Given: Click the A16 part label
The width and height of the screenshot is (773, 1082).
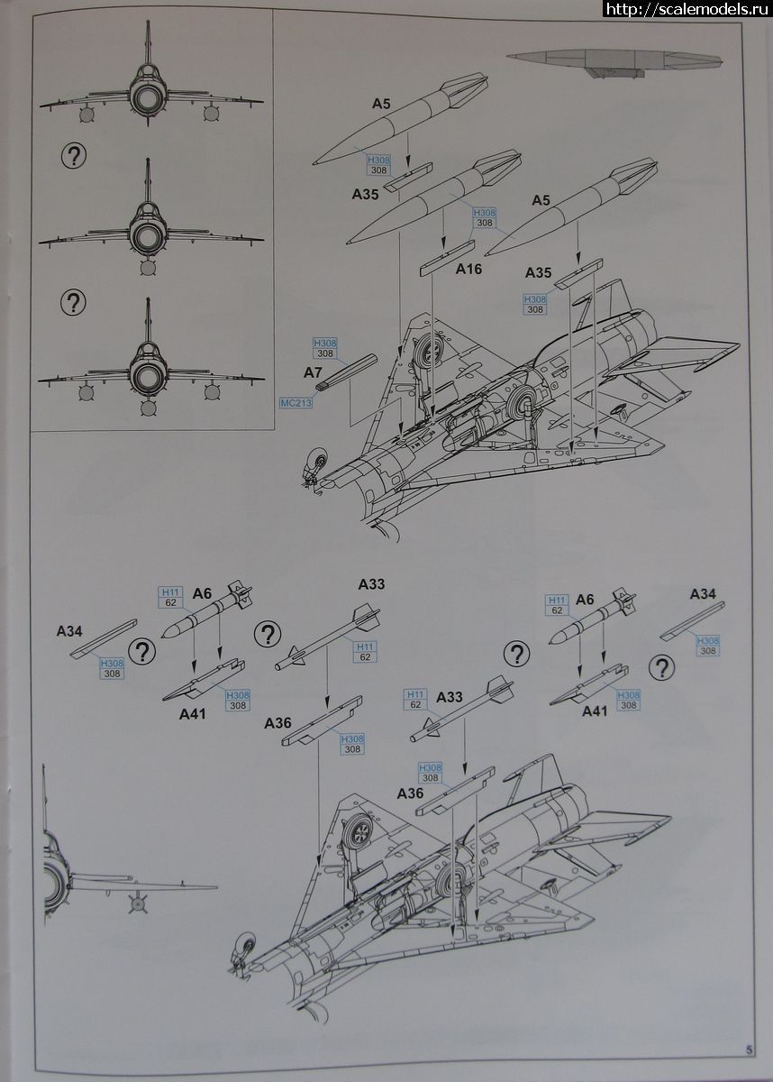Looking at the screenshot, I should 469,269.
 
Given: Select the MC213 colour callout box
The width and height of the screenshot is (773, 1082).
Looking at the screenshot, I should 296,403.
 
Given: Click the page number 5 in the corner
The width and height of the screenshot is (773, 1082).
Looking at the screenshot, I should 749,1049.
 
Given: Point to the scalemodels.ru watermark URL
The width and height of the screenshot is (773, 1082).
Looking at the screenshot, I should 687,9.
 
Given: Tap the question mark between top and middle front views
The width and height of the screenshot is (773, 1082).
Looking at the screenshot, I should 75,156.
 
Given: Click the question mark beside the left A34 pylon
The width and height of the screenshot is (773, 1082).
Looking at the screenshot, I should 141,650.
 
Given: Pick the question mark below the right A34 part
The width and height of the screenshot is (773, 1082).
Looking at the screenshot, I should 663,666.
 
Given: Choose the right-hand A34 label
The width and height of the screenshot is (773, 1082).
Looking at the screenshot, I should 703,593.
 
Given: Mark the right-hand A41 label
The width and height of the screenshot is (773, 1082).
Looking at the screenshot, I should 594,711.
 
